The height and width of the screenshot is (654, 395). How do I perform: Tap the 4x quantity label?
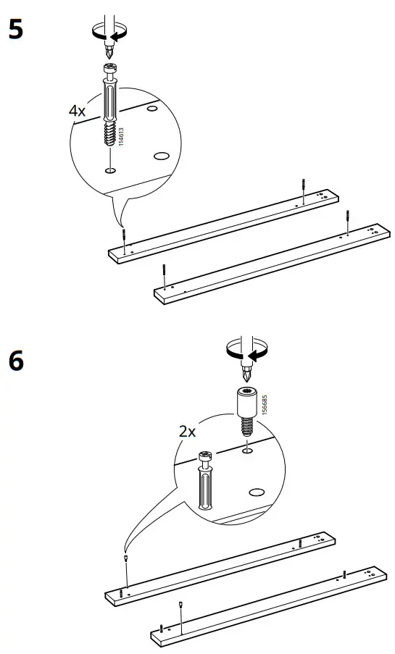click(78, 111)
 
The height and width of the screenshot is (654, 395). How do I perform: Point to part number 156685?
click(265, 403)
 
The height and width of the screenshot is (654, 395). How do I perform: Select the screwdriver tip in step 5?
click(108, 52)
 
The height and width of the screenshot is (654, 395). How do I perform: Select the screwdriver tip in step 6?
click(245, 375)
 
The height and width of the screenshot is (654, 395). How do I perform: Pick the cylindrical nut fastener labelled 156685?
click(246, 409)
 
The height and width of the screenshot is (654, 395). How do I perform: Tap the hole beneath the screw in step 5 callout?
click(109, 170)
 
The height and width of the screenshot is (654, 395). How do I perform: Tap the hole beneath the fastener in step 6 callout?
click(246, 450)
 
